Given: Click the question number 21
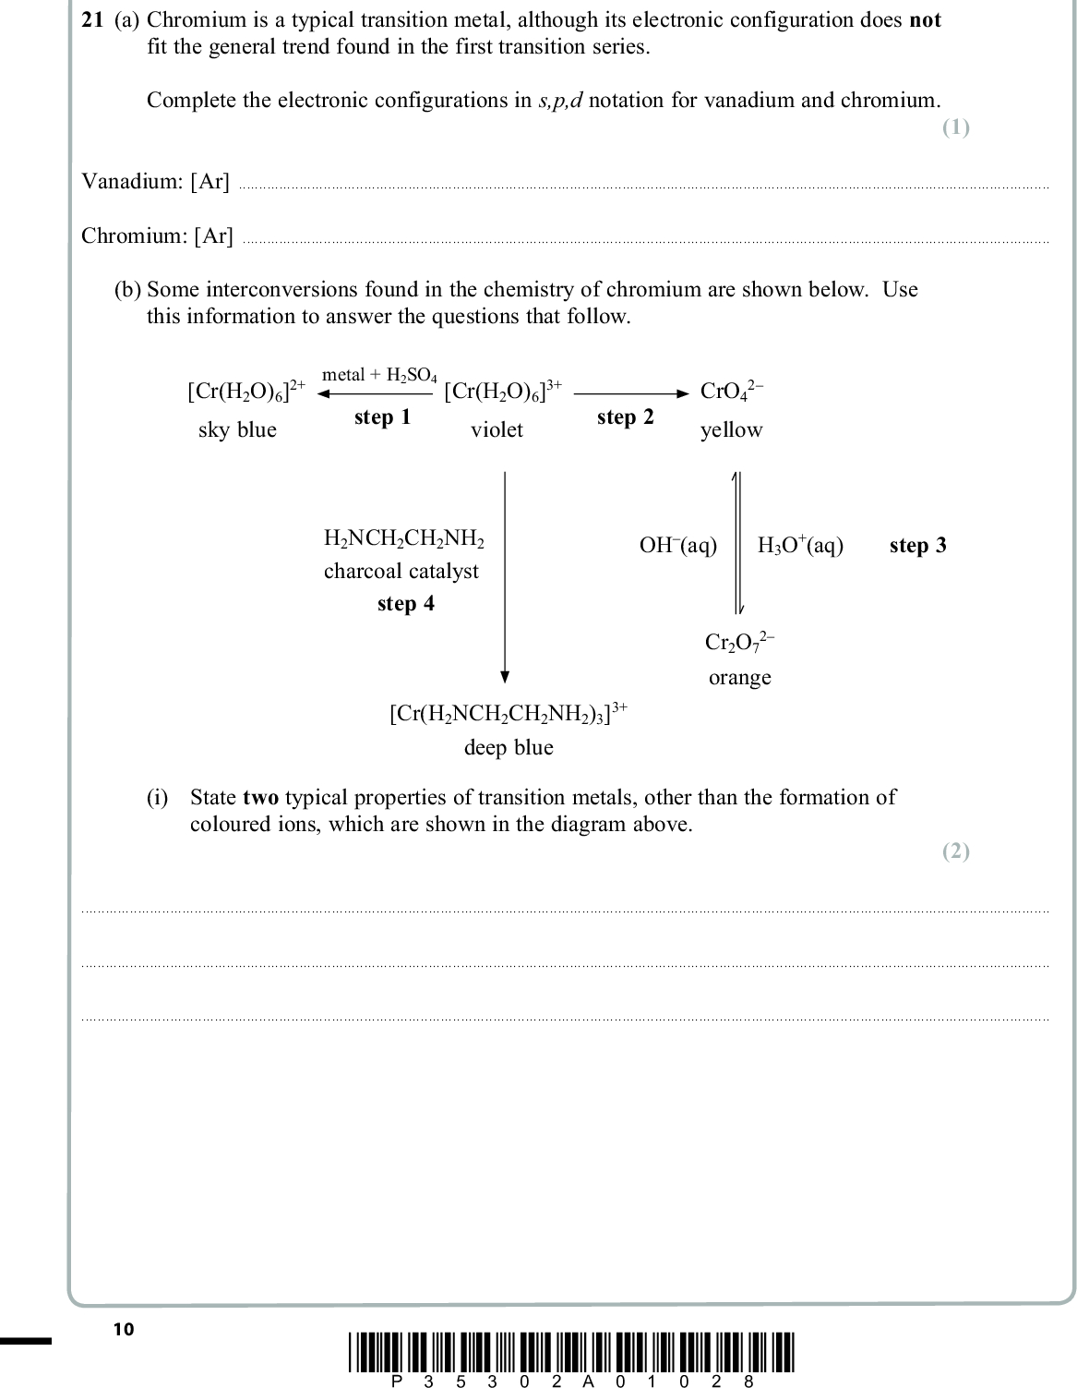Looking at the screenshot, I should click(91, 20).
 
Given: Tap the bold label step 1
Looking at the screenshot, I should click(382, 417).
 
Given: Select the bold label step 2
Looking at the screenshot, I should click(625, 417).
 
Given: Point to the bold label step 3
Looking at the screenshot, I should click(917, 546).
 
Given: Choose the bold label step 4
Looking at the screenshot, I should click(405, 604).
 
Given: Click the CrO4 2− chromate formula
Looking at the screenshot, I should click(731, 392).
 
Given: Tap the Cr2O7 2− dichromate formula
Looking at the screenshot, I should click(740, 642).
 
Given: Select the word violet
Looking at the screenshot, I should click(497, 430).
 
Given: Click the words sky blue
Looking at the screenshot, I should click(237, 430).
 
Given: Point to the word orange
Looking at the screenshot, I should click(739, 678).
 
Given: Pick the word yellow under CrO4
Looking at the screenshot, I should click(731, 430).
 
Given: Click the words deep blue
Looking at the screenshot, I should click(509, 748).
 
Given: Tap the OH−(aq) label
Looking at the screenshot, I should click(677, 546).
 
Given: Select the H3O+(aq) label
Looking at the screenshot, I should click(800, 546).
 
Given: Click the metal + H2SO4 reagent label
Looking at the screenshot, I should click(379, 375).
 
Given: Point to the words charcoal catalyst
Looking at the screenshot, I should click(401, 572).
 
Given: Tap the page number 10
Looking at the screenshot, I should click(123, 1330).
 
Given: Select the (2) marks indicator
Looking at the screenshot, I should click(955, 851).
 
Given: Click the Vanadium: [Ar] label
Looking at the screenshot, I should click(155, 182).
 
